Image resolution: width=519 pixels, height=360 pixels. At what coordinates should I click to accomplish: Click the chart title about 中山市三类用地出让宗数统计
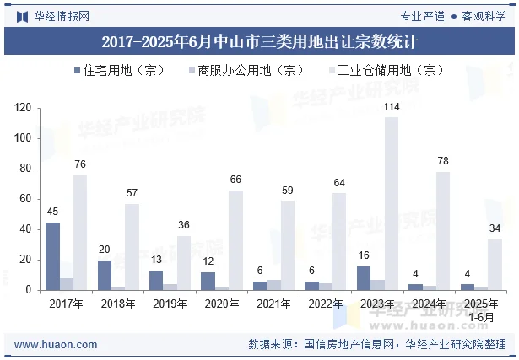coord(259,40)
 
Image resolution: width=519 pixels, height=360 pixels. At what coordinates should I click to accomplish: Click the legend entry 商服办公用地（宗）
coord(246,72)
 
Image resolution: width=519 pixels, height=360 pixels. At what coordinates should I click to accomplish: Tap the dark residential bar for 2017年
coord(52,256)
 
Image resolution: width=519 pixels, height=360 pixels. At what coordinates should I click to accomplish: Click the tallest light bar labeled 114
coord(392,203)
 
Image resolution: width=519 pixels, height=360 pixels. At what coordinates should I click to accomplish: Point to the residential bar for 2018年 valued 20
coord(105,275)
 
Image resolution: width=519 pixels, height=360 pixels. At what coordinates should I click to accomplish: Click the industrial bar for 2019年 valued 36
coord(183,262)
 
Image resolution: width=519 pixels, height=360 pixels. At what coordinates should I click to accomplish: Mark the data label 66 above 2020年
coord(235,180)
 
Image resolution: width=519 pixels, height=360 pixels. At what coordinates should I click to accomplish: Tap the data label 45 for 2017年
coord(52,212)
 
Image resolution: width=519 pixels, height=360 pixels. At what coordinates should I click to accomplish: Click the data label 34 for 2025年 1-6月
coord(495,228)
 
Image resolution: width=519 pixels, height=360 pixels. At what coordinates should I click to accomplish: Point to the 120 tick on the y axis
coord(23,108)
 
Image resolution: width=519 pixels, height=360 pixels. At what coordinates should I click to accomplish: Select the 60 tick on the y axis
coord(25,199)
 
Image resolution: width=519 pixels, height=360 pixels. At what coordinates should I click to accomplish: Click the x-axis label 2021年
coord(273,303)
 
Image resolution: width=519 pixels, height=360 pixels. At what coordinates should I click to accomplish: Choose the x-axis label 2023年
coord(377,303)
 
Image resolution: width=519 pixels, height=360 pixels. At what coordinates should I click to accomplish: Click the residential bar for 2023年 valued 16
coord(364,278)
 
